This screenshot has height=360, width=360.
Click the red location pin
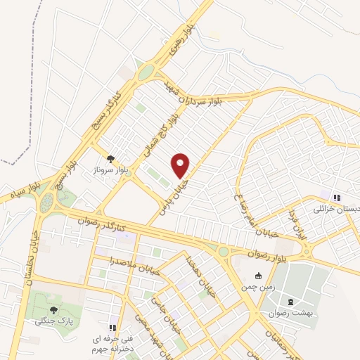181,165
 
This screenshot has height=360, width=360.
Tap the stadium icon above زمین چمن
259,275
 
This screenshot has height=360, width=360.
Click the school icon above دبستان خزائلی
336,198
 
